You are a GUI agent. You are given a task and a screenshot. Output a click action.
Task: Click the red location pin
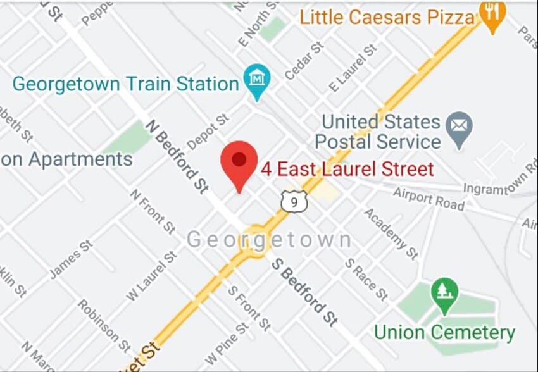[x=239, y=162]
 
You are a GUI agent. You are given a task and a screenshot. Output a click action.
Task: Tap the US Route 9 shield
[x=294, y=202]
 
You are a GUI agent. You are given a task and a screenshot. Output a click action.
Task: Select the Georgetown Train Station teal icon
[x=258, y=80]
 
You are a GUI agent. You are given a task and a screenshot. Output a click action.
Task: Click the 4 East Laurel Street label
[x=347, y=169]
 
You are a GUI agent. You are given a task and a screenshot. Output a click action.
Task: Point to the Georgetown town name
[x=269, y=240]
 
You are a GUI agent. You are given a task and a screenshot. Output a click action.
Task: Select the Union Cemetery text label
[x=444, y=332]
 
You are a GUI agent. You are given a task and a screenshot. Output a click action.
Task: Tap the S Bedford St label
[x=304, y=292]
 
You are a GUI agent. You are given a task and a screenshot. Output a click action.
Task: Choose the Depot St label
[x=207, y=132]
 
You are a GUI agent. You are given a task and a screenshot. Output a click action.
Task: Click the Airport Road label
[x=429, y=198]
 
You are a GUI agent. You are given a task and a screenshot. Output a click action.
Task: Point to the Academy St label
[x=391, y=233]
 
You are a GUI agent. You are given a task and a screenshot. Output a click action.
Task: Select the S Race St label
[x=366, y=279]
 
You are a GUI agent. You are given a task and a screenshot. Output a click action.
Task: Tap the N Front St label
[x=153, y=211]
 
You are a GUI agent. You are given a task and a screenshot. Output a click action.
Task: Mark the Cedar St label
[x=304, y=61]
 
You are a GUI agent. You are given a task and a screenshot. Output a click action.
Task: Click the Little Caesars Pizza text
[x=387, y=16]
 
